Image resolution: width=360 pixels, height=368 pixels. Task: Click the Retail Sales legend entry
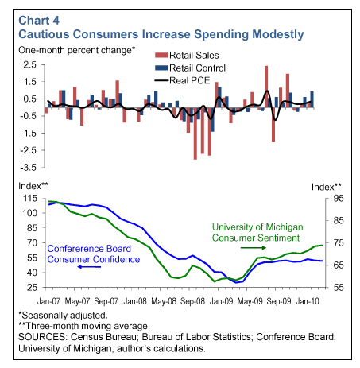pyautogui.click(x=187, y=56)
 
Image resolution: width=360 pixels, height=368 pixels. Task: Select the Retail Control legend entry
pyautogui.click(x=190, y=68)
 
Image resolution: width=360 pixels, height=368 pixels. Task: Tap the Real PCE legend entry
pyautogui.click(x=182, y=80)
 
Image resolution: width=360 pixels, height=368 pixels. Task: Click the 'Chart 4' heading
pyautogui.click(x=39, y=21)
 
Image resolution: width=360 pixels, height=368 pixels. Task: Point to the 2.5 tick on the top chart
pyautogui.click(x=29, y=64)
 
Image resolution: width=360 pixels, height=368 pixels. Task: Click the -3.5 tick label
pyautogui.click(x=28, y=168)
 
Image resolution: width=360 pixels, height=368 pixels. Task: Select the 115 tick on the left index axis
pyautogui.click(x=30, y=198)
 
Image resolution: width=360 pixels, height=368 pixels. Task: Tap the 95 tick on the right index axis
pyautogui.click(x=339, y=198)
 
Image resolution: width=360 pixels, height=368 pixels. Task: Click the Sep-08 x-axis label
pyautogui.click(x=192, y=301)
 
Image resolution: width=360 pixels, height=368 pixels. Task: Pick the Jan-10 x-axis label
pyautogui.click(x=308, y=301)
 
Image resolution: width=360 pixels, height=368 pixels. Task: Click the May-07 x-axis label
pyautogui.click(x=77, y=301)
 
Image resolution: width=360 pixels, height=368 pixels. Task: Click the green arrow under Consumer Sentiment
pyautogui.click(x=253, y=248)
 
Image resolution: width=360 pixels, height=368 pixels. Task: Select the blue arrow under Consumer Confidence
pyautogui.click(x=89, y=267)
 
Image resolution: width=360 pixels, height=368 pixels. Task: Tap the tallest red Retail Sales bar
pyautogui.click(x=266, y=87)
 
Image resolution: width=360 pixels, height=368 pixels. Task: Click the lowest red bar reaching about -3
pyautogui.click(x=195, y=134)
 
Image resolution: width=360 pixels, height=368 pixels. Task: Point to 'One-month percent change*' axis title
pyautogui.click(x=77, y=50)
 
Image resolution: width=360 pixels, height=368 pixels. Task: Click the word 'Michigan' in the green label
pyautogui.click(x=285, y=227)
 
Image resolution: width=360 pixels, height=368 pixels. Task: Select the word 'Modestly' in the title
pyautogui.click(x=277, y=35)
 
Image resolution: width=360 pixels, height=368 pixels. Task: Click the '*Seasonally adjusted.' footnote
pyautogui.click(x=63, y=316)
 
